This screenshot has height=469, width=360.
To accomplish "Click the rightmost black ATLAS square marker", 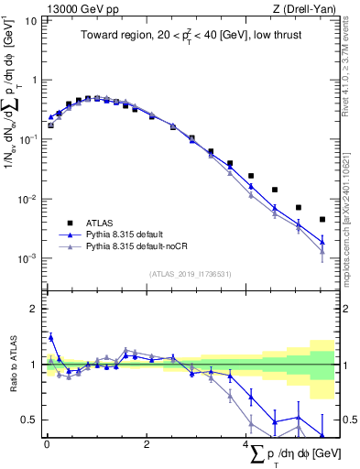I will [x=322, y=219].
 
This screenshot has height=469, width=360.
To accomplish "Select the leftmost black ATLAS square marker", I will [x=50, y=125].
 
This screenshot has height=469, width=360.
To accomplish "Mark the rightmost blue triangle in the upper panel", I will [x=322, y=242].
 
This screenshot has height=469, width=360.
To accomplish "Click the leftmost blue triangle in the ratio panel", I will [x=50, y=337].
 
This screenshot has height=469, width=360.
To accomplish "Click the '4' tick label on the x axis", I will [x=246, y=444].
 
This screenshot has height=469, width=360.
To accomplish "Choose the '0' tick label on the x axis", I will [x=47, y=444].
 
